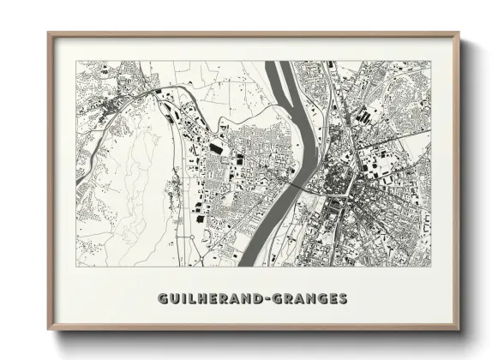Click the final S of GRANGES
tap(343, 299)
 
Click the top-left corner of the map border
tap(77, 61)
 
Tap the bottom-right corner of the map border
tap(430, 266)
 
